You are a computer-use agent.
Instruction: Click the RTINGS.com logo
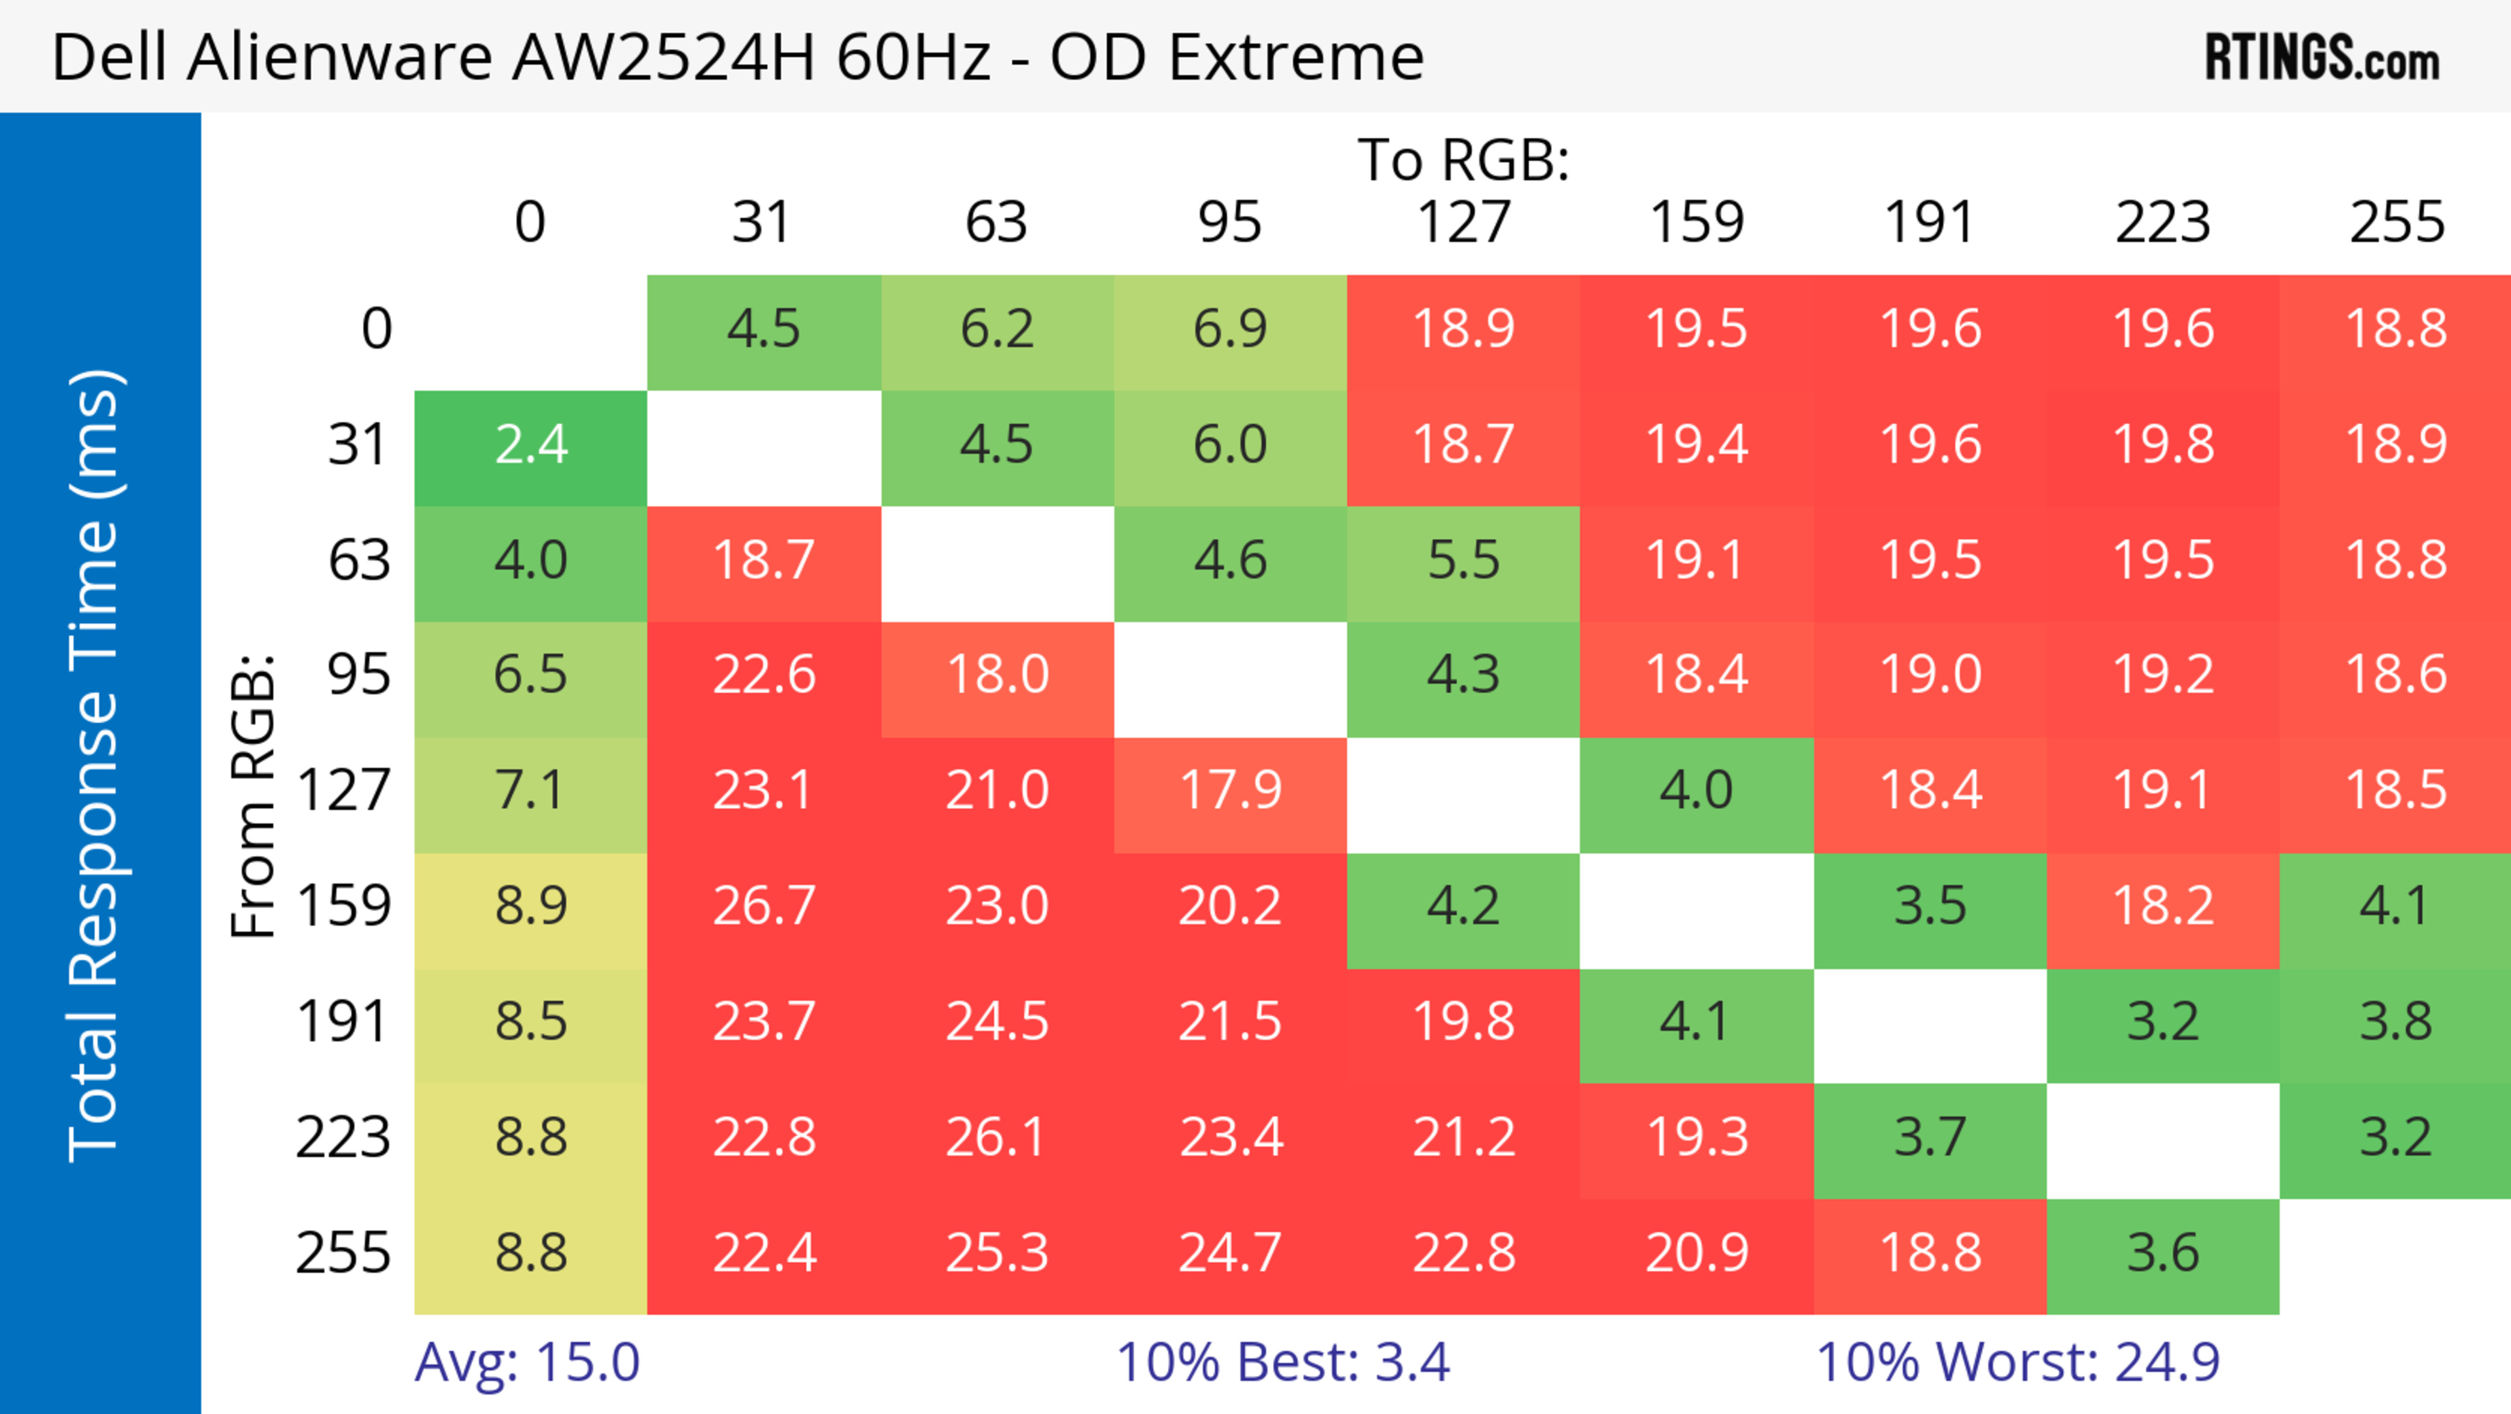tap(2322, 58)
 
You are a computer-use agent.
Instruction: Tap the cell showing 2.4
tap(530, 446)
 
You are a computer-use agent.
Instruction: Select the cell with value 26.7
tap(763, 907)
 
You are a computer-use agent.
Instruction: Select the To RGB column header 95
tap(1230, 222)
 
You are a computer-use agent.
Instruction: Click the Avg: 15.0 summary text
tap(527, 1362)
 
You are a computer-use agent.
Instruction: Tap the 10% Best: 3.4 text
tap(1283, 1362)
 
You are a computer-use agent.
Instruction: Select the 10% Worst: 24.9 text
tap(2018, 1362)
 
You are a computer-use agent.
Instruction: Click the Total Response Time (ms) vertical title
tap(95, 766)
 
